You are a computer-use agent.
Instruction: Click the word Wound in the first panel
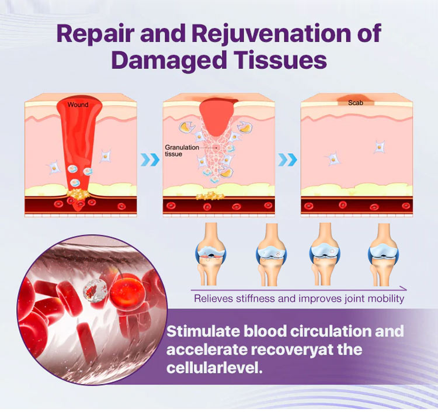78,105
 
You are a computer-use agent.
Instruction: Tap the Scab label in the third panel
356,103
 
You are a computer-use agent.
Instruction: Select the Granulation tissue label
182,151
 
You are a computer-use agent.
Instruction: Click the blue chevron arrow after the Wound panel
150,160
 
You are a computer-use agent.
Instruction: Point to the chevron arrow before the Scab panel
288,160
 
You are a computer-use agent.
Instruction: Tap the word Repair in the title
93,34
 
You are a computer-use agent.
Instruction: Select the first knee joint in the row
211,254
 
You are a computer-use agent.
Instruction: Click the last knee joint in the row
383,254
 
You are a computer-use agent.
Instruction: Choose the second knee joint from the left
270,254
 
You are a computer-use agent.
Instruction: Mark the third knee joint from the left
324,254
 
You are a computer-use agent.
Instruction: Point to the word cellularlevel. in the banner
214,368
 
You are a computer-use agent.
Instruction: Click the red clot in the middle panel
218,117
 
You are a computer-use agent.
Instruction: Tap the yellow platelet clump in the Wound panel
78,193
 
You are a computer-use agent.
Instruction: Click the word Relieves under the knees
213,299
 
